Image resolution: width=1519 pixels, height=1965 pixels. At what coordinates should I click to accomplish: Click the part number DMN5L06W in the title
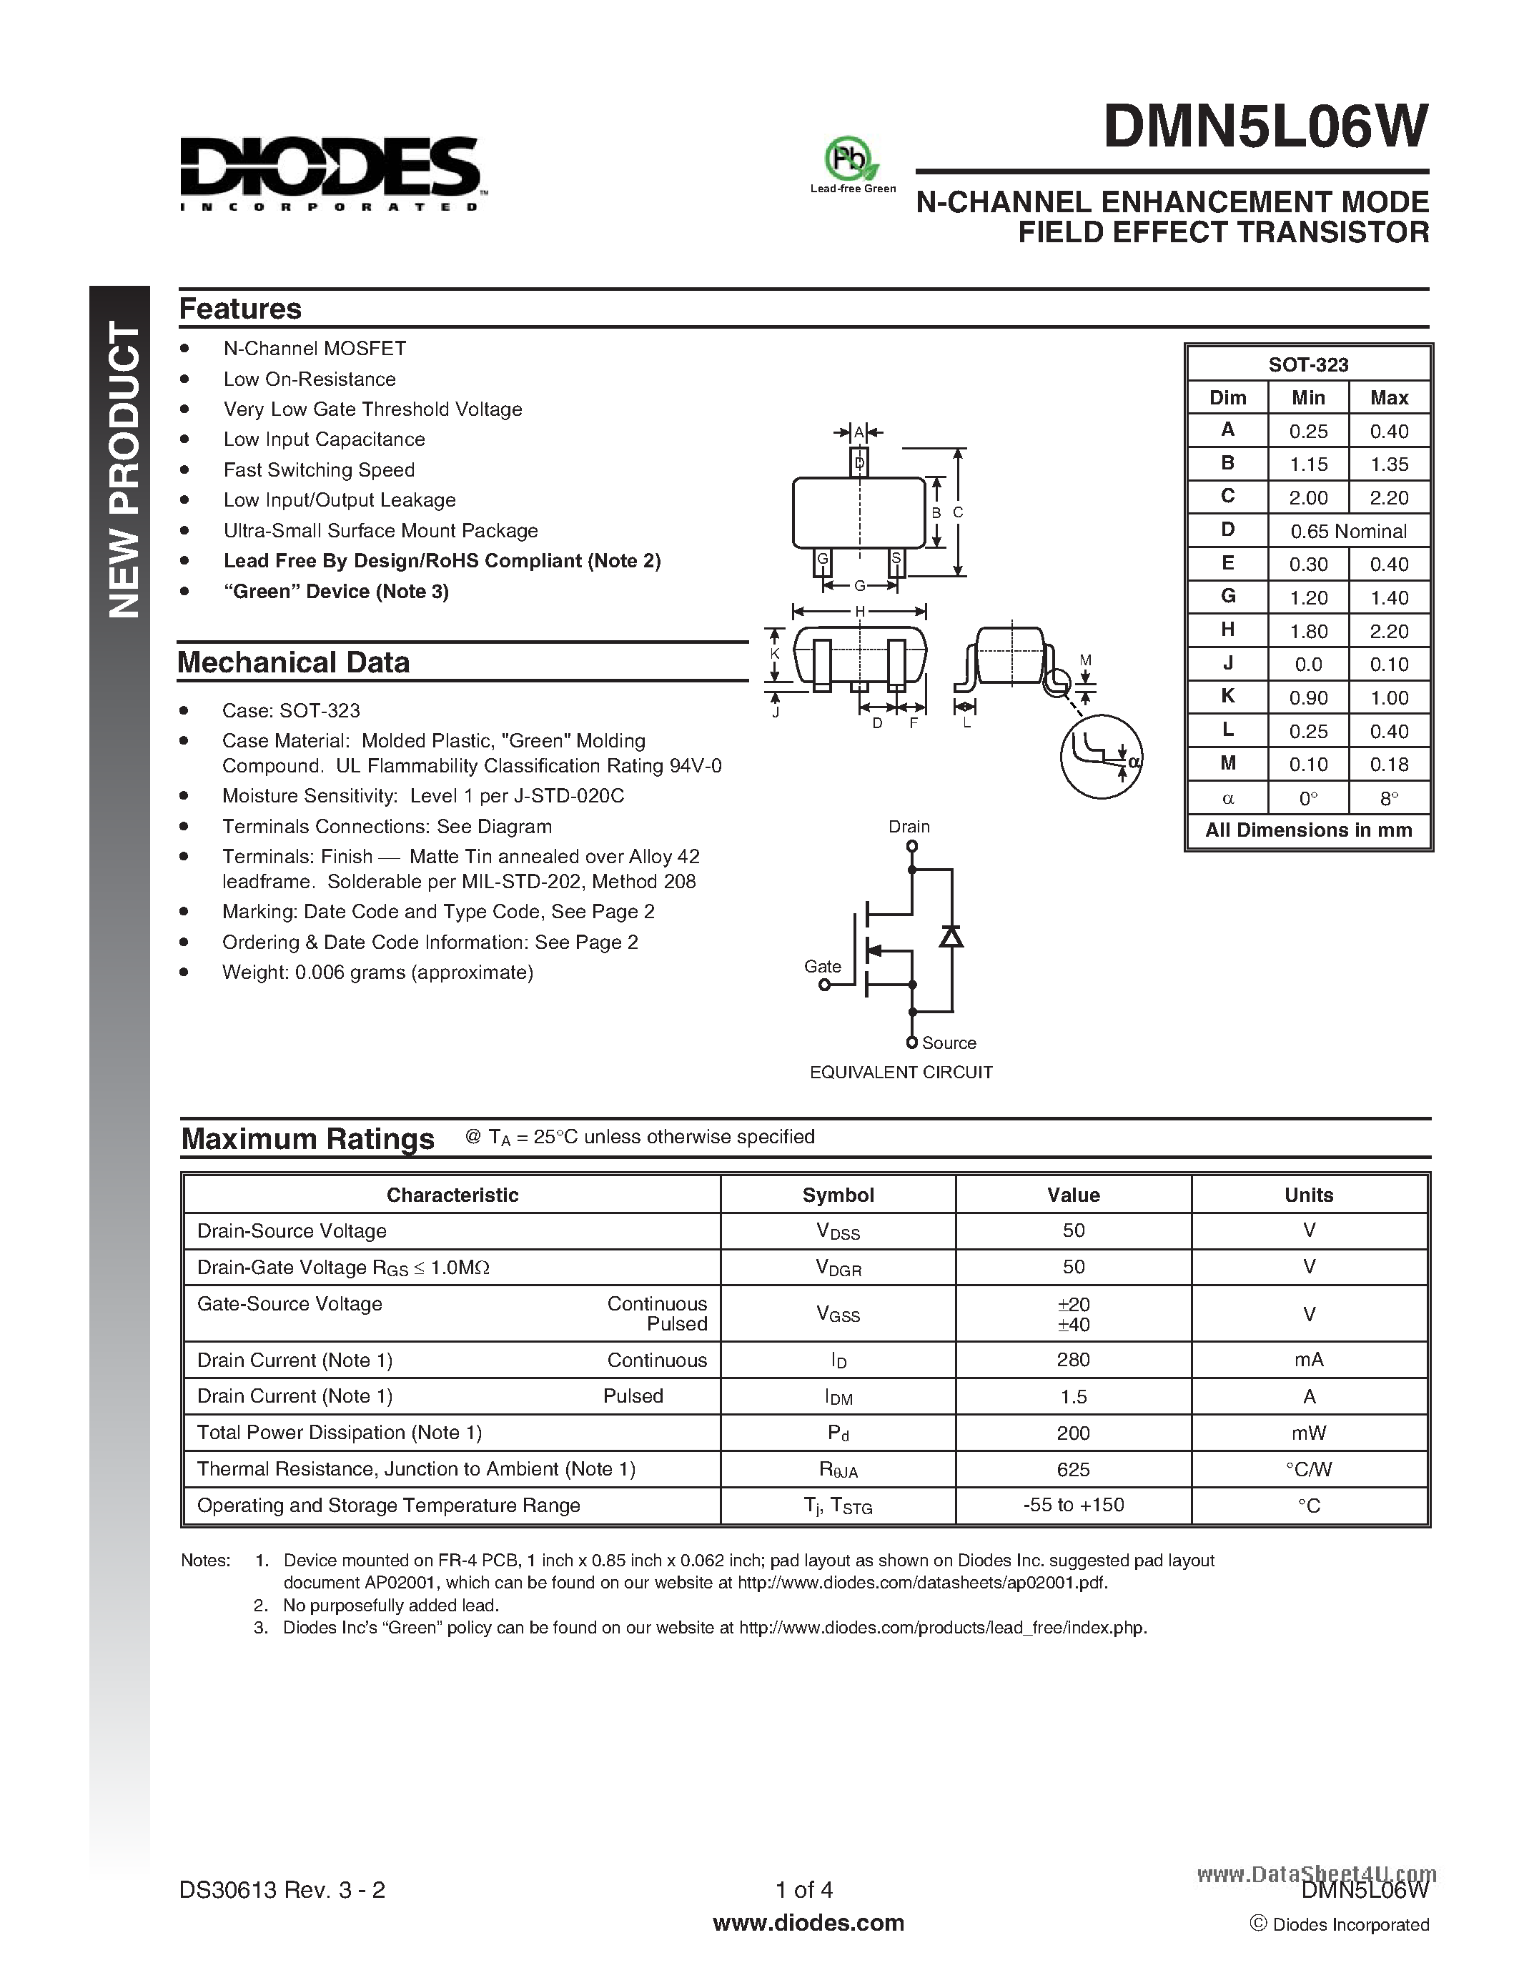pos(1265,127)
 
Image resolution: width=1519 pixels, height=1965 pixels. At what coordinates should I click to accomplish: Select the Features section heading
pos(240,309)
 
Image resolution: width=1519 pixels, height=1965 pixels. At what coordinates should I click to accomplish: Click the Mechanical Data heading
pos(293,662)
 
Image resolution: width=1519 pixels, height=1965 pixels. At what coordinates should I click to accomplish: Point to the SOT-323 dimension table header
pos(1307,364)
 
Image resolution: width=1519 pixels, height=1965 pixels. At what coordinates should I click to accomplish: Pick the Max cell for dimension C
pos(1388,497)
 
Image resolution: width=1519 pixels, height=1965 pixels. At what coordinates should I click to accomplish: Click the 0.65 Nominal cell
pos(1348,531)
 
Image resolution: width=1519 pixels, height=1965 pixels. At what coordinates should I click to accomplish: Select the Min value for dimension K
pos(1307,697)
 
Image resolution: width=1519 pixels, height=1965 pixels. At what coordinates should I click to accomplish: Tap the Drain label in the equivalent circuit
pos(909,826)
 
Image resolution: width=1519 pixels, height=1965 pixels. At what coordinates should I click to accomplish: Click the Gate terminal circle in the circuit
pos(823,985)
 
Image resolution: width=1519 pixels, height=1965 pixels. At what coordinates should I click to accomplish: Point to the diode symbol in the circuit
pos(951,936)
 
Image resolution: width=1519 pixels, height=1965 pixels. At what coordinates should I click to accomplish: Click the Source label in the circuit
pos(949,1043)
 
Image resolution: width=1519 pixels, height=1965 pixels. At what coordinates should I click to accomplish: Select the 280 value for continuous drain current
pos(1073,1360)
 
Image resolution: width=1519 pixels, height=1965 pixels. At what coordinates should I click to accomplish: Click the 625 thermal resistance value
pos(1073,1469)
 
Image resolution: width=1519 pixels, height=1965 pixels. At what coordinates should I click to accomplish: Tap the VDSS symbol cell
pos(838,1232)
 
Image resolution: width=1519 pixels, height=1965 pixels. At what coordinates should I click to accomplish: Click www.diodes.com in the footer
pos(807,1923)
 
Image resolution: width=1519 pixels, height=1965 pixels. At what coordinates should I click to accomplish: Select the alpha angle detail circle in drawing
pos(1101,756)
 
